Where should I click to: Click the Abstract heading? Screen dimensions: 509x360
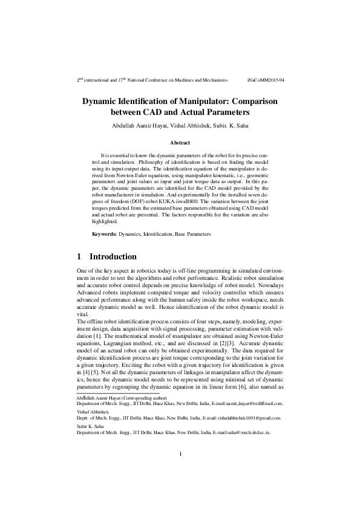coord(180,143)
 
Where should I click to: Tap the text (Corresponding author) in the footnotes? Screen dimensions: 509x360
coord(144,399)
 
